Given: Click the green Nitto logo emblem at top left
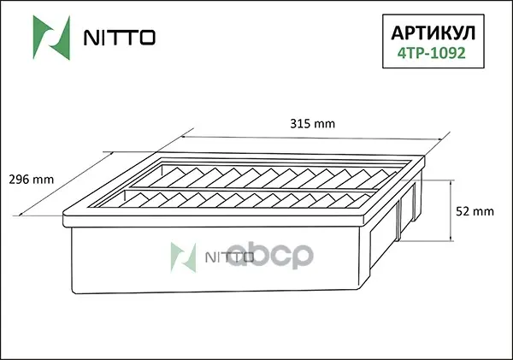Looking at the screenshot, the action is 51,38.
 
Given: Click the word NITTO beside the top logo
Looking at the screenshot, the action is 120,38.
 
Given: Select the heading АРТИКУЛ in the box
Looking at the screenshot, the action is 433,33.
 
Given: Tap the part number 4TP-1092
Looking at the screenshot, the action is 432,53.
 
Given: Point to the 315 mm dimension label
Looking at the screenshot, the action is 312,124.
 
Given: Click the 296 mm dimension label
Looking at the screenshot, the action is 32,180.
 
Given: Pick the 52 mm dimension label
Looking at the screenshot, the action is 475,211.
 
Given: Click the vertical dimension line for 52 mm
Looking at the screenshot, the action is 451,210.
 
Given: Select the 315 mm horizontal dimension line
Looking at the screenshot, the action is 311,139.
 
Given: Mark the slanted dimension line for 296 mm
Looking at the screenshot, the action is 66,184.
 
